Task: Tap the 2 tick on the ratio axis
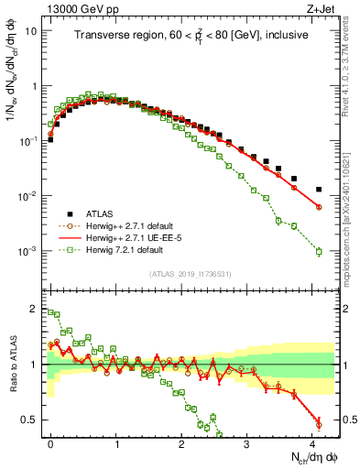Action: point(36,307)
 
